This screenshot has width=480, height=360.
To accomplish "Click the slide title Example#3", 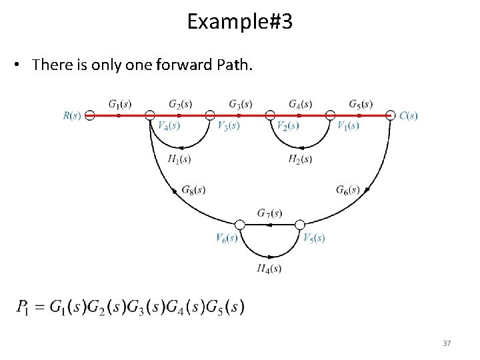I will tap(239, 21).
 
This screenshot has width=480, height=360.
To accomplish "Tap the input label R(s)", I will tap(72, 115).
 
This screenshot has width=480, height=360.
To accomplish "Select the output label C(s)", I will tap(409, 115).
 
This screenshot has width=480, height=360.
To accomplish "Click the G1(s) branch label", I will tap(120, 104).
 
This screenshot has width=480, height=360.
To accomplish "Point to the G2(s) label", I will tap(180, 104).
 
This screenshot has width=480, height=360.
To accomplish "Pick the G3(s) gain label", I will tap(240, 104).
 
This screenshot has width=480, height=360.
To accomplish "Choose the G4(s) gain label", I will tap(300, 104).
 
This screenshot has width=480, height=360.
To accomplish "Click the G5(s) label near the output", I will tap(360, 104).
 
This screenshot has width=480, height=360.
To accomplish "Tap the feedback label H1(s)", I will tap(179, 159).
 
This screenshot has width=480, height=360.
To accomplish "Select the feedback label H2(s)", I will tap(300, 159).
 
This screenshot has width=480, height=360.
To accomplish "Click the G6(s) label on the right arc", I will tap(347, 190).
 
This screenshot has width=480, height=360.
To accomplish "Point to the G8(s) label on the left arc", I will tap(193, 190).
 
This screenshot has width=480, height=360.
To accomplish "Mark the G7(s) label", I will tap(269, 213).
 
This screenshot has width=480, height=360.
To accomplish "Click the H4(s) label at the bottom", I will tap(269, 268).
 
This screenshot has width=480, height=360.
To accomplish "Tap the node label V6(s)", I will tap(227, 237).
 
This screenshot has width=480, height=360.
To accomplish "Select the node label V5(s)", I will tap(313, 237).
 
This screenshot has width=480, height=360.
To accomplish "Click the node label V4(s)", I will tap(169, 125).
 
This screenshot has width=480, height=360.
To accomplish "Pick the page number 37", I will tap(447, 343).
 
